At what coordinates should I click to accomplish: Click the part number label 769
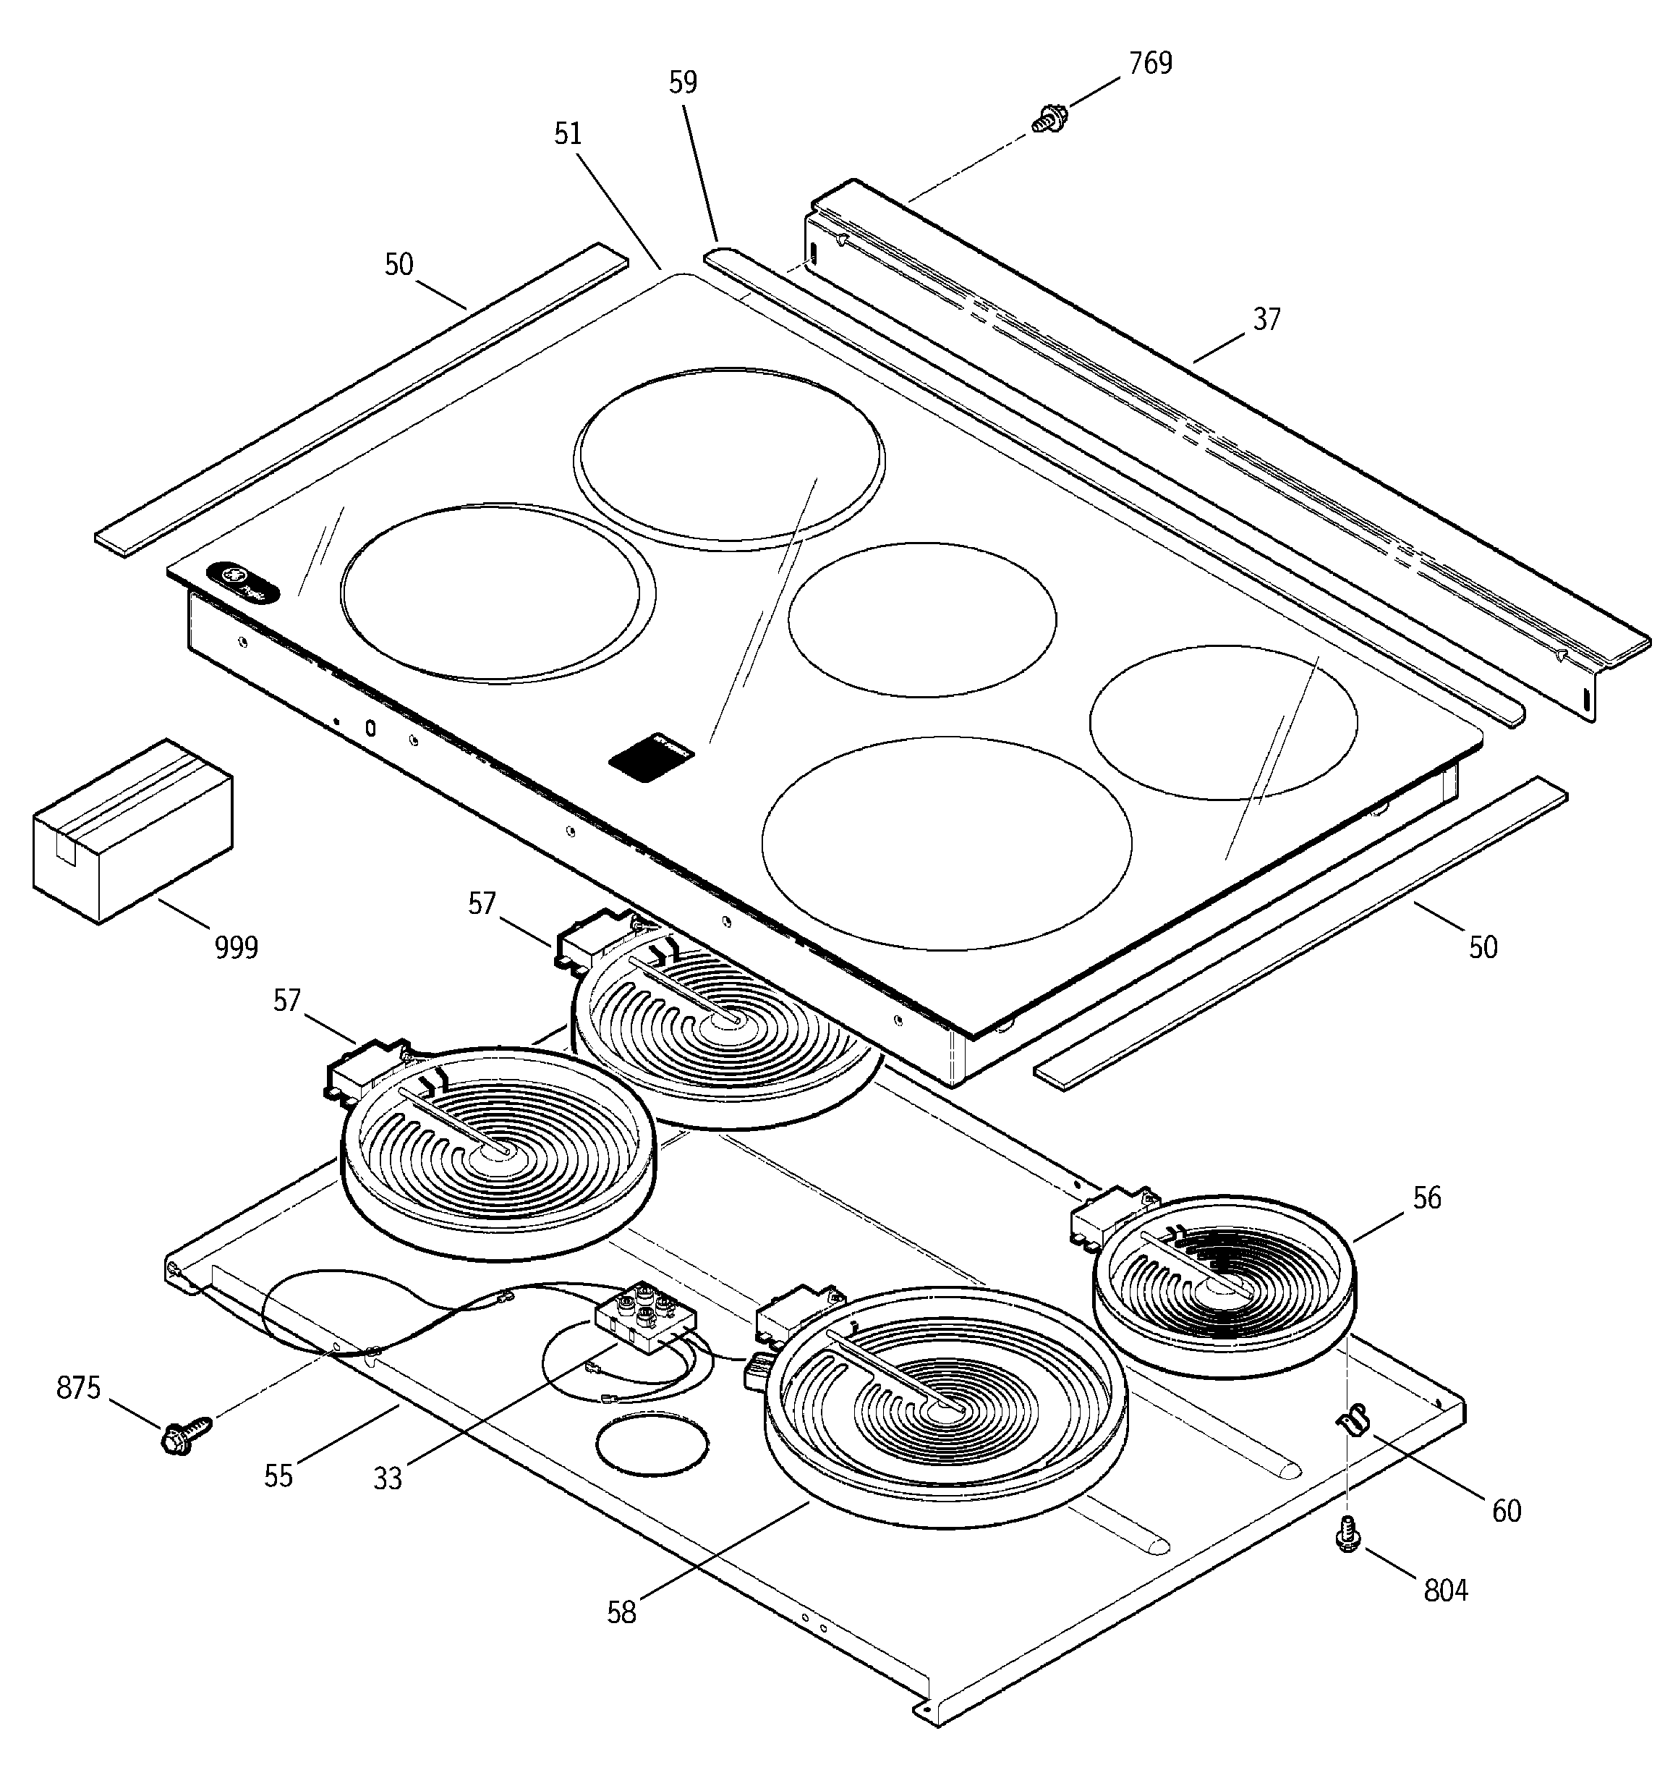click(1150, 64)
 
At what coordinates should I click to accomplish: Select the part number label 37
click(1266, 320)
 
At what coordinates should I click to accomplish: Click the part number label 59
click(683, 83)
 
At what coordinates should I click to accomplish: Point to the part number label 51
click(568, 135)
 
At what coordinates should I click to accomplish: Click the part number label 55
click(278, 1475)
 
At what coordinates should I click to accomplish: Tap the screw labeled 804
click(1347, 1533)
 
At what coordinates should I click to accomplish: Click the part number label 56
click(1427, 1198)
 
